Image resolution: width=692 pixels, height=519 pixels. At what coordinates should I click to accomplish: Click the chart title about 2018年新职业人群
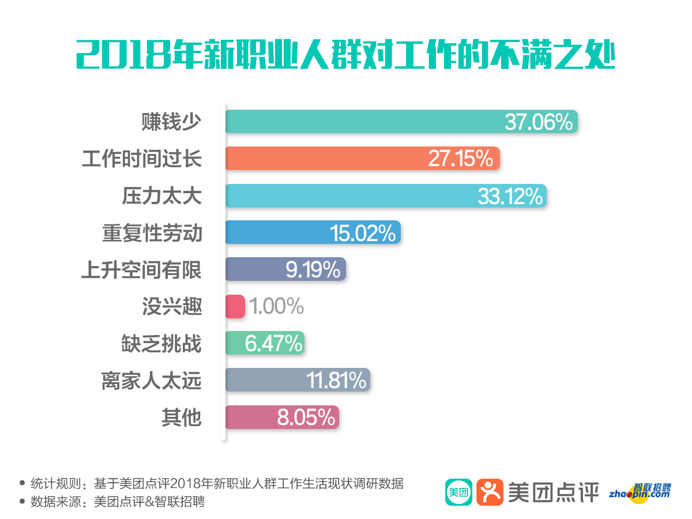[346, 56]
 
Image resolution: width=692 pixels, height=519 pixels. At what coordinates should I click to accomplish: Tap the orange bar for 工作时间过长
[323, 158]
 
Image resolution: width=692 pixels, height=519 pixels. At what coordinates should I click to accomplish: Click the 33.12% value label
[510, 196]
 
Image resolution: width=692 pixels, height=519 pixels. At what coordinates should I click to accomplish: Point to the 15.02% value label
[363, 233]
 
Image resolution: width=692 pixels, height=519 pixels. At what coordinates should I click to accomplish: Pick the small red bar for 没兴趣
[235, 306]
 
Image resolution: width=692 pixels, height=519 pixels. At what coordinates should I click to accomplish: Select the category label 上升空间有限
[142, 269]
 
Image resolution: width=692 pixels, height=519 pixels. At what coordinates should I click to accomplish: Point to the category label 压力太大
[162, 196]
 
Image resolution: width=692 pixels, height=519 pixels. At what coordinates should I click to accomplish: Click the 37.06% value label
[539, 122]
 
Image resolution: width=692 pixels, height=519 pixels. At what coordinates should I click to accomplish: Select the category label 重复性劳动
[152, 233]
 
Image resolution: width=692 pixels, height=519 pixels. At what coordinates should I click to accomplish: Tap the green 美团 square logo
[458, 492]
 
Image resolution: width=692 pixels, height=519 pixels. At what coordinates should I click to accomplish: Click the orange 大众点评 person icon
[490, 492]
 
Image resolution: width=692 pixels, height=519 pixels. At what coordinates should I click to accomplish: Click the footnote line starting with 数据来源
[118, 502]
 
